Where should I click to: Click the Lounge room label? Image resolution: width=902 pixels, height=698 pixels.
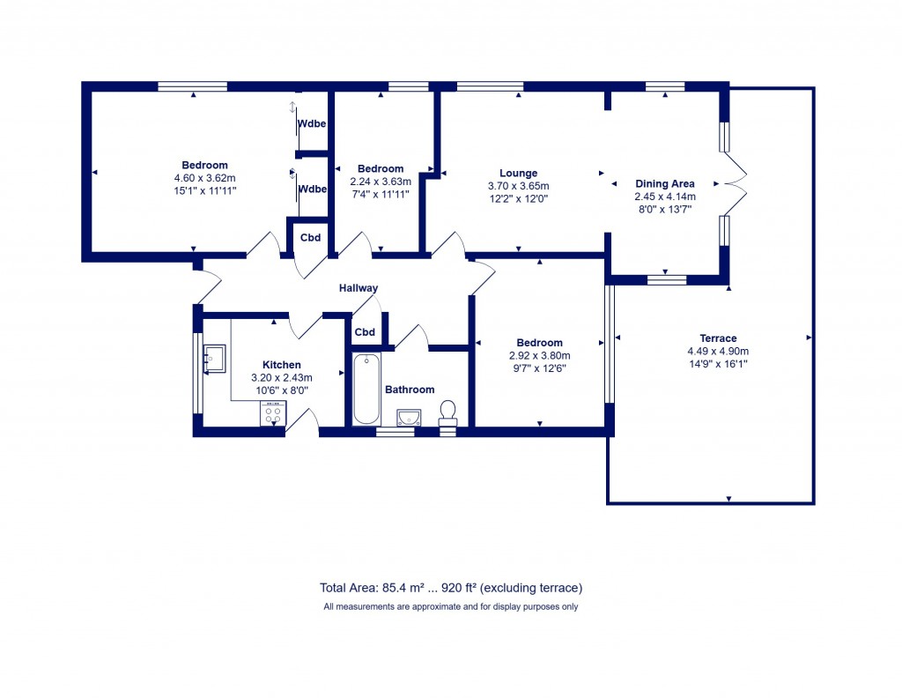518,174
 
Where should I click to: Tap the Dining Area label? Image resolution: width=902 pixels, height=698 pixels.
665,184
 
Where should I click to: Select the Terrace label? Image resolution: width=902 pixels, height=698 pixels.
718,338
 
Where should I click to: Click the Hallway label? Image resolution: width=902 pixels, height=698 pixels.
359,288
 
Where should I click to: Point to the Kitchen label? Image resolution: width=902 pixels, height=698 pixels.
282,365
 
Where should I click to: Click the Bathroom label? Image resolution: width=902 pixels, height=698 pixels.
410,390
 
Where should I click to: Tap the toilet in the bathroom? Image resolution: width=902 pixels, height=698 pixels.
447,412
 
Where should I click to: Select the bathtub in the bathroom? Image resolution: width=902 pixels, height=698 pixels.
366,389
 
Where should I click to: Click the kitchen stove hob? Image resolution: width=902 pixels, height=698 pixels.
272,412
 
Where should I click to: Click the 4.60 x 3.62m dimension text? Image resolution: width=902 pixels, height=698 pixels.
205,178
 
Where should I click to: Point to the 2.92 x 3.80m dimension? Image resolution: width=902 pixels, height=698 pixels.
540,356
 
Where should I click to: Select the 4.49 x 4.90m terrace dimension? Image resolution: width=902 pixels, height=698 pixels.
718,351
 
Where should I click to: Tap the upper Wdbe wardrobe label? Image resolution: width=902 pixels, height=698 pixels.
312,123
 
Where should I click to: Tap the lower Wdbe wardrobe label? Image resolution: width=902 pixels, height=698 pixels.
312,189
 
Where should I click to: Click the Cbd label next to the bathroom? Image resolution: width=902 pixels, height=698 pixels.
365,332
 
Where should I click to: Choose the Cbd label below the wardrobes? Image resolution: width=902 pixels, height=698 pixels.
311,238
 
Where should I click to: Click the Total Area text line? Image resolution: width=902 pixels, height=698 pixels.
451,588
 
